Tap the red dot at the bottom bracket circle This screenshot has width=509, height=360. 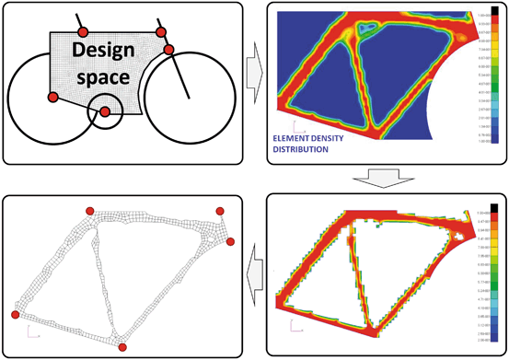pos(105,112)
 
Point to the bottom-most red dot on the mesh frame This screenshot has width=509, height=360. pos(121,347)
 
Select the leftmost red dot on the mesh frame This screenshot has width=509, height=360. pos(15,315)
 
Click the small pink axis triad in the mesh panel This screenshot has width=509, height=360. pos(31,326)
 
